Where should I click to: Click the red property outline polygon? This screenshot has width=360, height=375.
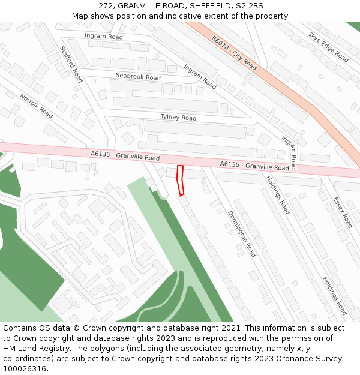180,180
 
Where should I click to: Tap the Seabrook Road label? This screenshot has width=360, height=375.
138,77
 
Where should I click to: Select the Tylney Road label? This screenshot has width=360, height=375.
178,118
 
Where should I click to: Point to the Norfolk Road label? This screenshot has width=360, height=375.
37,106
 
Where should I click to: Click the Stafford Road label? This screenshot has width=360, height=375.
71,64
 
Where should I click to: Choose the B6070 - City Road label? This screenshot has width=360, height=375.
234,53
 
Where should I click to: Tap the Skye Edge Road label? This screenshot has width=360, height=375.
328,47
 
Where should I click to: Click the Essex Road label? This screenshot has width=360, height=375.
343,212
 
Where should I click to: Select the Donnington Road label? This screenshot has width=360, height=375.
241,234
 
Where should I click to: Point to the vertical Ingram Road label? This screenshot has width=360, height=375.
289,152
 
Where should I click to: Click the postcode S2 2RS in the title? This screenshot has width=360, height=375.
249,6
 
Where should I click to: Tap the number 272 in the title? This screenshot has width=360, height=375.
106,6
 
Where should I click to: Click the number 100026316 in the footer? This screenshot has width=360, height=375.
24,369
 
